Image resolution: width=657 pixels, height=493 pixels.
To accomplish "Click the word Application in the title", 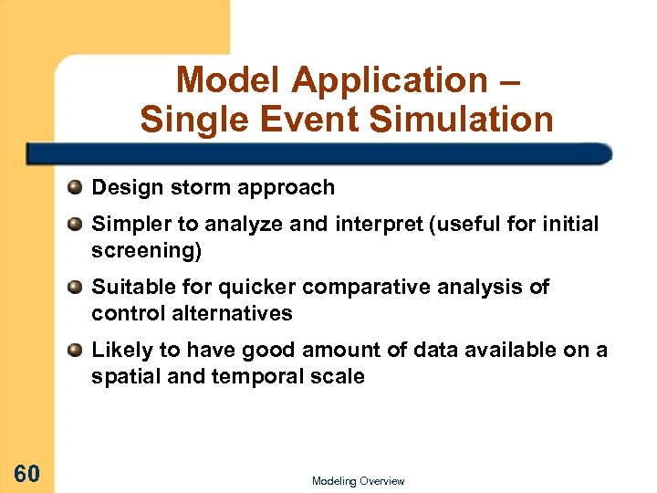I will (390, 80).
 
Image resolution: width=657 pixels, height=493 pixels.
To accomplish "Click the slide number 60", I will (26, 473).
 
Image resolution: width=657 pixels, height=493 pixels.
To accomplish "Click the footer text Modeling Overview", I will (358, 481).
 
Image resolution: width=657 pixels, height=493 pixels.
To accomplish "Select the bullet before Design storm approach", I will (75, 188).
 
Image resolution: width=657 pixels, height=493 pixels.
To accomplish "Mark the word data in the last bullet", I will (452, 351).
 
